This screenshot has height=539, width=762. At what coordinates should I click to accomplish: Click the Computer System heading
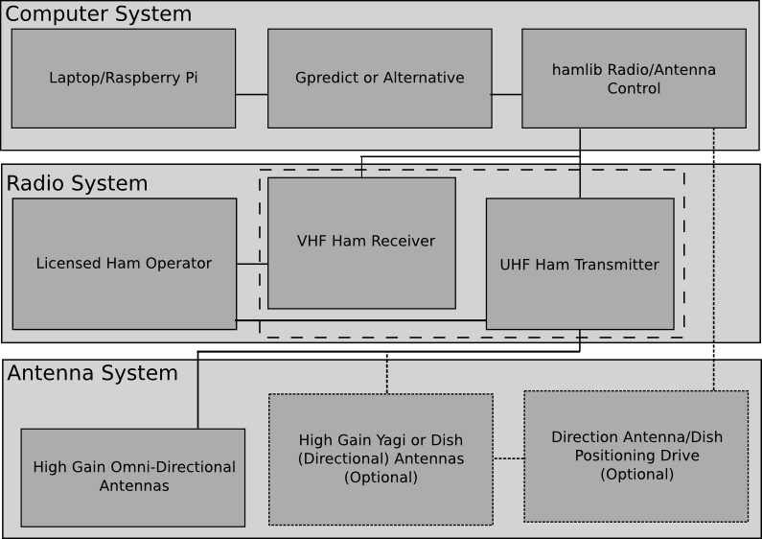(x=99, y=14)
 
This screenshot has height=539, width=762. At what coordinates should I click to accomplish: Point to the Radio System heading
(x=78, y=183)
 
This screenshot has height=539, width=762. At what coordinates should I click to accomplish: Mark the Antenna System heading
(x=93, y=373)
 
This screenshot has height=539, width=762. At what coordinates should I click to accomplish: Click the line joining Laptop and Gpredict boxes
(x=251, y=95)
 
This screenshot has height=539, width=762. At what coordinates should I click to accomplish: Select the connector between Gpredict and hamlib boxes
(x=506, y=95)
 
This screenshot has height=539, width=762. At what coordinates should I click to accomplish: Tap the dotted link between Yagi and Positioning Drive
(x=508, y=458)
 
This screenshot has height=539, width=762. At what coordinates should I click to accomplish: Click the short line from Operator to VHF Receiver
(x=252, y=264)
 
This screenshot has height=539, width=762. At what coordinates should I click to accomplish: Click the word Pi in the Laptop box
(x=191, y=78)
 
